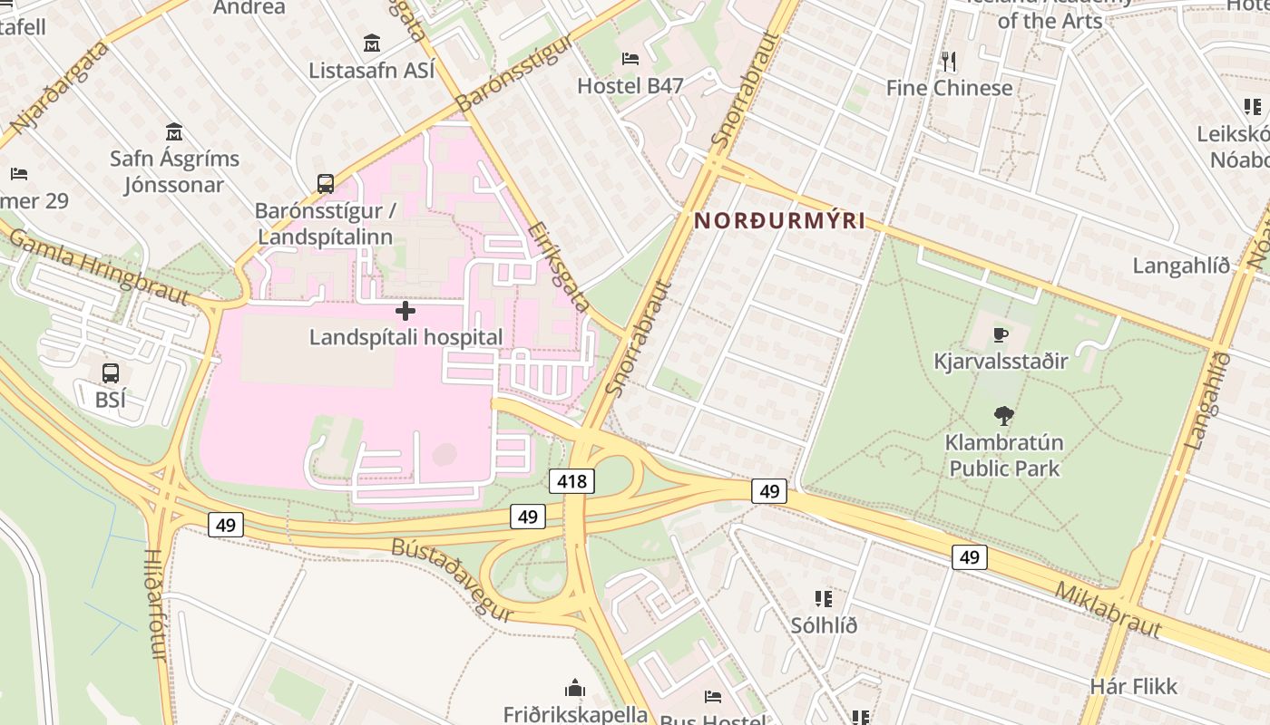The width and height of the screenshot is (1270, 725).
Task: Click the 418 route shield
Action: tap(571, 480)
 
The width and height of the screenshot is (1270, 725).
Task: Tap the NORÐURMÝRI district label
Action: tap(779, 221)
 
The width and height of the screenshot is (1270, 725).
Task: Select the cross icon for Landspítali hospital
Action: tap(405, 311)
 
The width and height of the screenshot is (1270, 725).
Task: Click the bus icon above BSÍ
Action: tap(110, 372)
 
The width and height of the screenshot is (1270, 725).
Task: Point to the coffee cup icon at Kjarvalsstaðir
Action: tap(1000, 335)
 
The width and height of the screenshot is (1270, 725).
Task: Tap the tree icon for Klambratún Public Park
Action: tap(1002, 416)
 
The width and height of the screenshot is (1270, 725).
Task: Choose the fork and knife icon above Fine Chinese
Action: tap(949, 62)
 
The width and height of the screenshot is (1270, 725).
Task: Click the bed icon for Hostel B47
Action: tap(630, 59)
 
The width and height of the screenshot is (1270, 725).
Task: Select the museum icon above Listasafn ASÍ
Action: tap(372, 43)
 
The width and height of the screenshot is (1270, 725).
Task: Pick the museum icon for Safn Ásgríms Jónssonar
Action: tap(174, 132)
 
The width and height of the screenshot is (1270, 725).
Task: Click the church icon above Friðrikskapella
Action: tap(575, 688)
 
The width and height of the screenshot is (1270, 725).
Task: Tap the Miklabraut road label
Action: tap(1108, 609)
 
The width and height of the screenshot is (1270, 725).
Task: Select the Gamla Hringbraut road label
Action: tap(98, 266)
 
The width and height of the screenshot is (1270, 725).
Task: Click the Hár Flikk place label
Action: tap(1133, 686)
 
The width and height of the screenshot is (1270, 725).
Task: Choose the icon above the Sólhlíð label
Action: tap(823, 598)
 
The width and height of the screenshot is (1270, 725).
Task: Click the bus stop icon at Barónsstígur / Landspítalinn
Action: tap(325, 184)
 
